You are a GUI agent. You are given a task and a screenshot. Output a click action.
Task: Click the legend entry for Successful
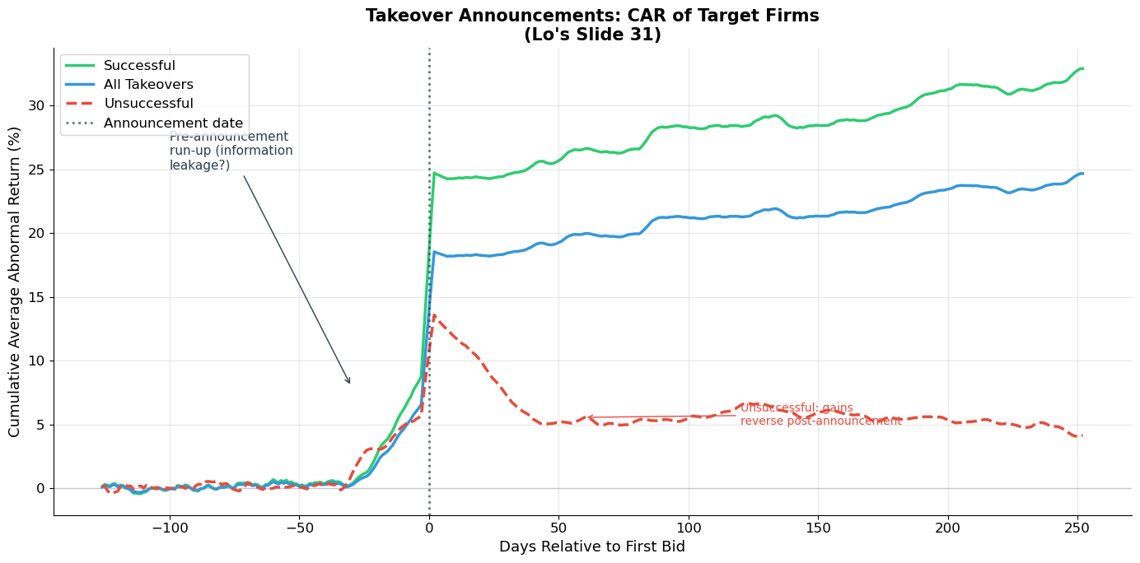139,66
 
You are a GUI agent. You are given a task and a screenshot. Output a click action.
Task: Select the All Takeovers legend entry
148,85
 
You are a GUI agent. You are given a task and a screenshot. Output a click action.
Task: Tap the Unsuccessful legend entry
148,104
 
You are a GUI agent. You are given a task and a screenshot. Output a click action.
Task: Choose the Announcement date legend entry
173,123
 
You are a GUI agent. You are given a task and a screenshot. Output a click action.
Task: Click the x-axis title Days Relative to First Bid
591,547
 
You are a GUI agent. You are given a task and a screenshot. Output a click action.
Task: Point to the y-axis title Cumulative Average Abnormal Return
15,281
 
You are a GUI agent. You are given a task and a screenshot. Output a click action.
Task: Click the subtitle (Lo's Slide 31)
592,35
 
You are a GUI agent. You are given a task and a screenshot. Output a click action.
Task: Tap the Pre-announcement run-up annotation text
231,151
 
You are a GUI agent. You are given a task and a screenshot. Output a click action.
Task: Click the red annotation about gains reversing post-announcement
820,415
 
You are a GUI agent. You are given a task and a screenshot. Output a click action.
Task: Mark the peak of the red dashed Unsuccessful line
434,314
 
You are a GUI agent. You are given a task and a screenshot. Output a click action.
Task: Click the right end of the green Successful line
1082,68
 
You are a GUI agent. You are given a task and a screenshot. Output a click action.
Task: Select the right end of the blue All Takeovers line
1082,174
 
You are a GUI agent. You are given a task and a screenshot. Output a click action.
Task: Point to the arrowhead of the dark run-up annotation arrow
350,383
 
